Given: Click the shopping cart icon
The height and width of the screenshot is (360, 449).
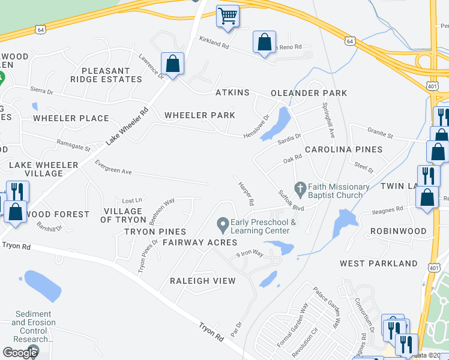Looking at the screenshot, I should point(228,16).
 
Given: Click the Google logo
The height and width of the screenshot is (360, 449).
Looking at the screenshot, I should point(20,352).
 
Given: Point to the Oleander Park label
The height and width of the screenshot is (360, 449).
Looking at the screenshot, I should point(309,93).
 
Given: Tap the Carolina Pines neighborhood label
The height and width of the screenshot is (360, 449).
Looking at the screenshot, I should point(343,149).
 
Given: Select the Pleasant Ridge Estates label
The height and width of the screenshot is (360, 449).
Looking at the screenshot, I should point(106,75).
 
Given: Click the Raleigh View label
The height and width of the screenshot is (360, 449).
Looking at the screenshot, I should point(202,281).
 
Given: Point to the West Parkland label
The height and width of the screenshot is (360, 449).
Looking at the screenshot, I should point(378,263).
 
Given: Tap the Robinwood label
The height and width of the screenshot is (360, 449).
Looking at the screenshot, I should point(398,231).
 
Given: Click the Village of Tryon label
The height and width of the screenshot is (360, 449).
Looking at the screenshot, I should point(123,215).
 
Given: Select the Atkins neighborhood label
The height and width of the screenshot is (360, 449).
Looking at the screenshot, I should point(232,93).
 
